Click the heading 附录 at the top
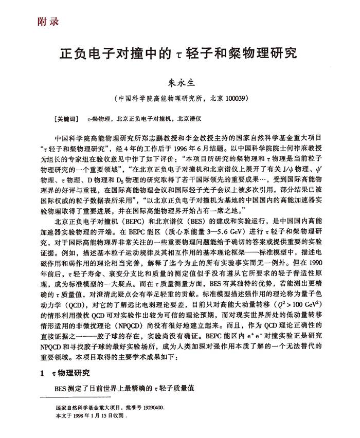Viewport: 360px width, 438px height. tap(48, 22)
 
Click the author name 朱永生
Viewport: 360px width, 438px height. tap(180, 81)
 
